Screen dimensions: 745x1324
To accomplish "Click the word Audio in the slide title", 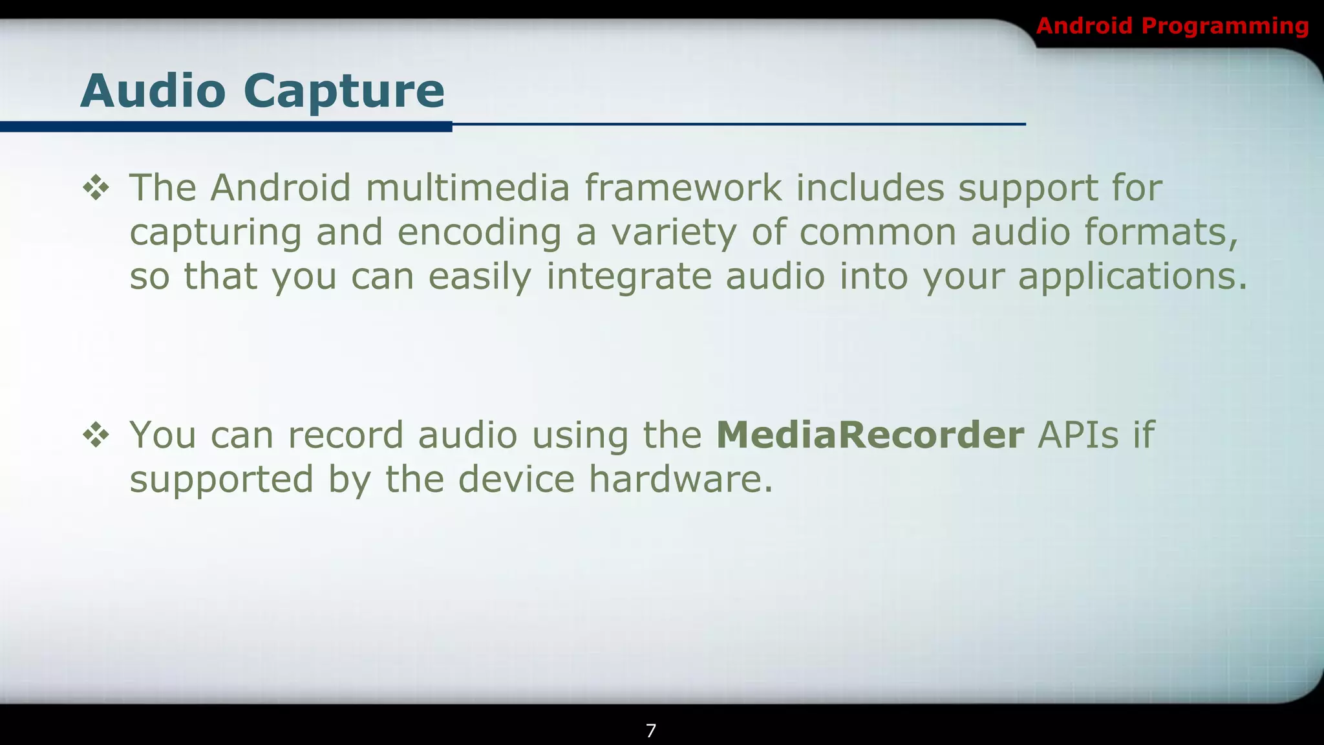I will (153, 91).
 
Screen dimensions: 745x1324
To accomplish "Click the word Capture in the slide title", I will (344, 91).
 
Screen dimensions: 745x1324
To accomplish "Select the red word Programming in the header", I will (1225, 27).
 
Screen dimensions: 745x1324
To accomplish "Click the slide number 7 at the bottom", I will (651, 731).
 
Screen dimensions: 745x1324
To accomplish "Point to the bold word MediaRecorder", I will (870, 435).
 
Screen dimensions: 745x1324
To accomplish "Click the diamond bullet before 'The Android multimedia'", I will (96, 188).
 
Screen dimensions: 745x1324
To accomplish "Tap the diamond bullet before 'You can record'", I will (96, 435).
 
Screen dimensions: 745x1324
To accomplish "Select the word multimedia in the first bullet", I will (467, 188).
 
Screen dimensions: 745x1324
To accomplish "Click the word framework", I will (683, 188).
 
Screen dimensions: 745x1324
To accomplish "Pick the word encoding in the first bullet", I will (479, 233).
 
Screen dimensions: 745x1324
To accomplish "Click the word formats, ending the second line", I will (1161, 232).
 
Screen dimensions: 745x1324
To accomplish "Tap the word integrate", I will (628, 277).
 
